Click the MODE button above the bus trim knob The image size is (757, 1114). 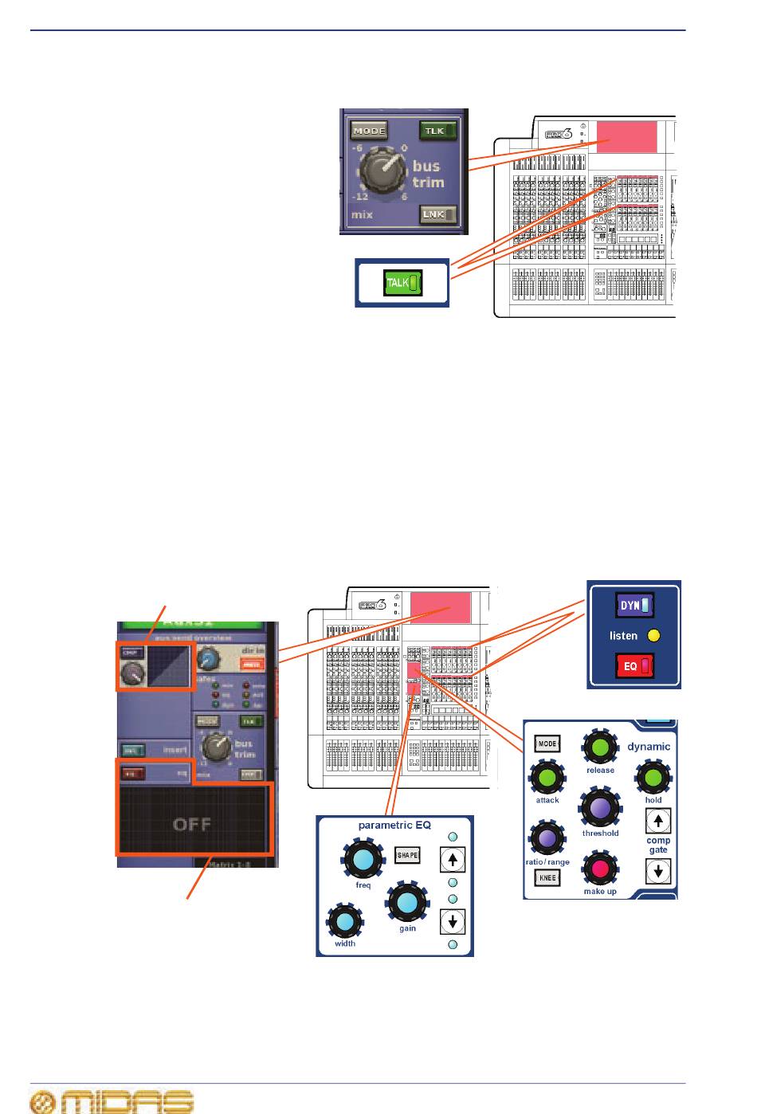coord(369,131)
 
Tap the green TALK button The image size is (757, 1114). coord(402,283)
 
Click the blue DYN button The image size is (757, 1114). coord(634,606)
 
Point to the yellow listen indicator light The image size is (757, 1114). coord(654,636)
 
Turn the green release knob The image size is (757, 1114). coord(600,747)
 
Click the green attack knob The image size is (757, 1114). coord(547,778)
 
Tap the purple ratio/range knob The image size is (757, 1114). coord(547,838)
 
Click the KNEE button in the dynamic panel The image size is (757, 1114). coord(547,877)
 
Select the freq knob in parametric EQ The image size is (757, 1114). coord(363,859)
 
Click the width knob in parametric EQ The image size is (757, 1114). coord(345,921)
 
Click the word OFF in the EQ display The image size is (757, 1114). coord(192,824)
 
